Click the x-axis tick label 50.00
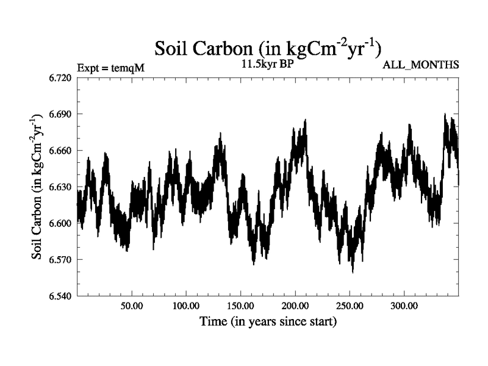coord(132,306)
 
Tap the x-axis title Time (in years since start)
coord(268,321)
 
